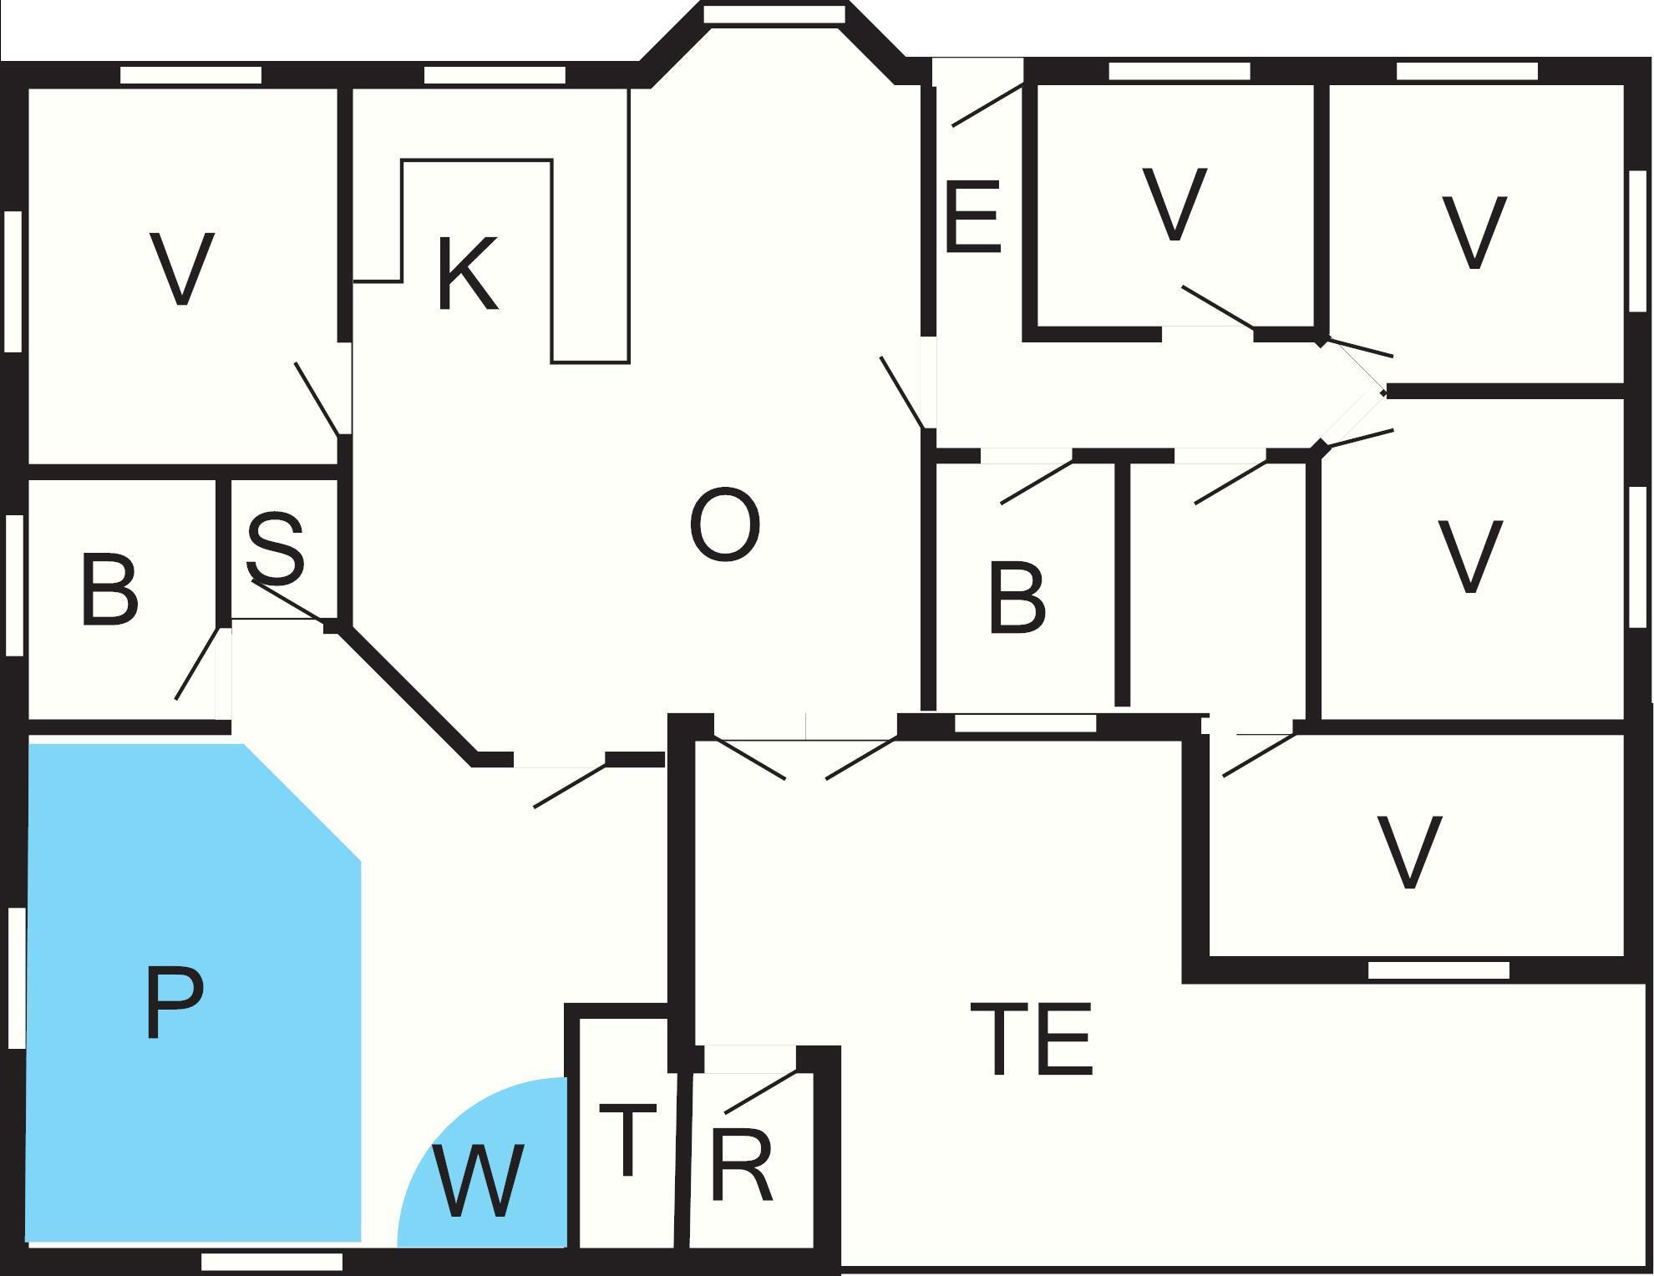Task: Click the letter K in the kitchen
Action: click(x=468, y=273)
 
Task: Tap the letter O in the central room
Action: click(x=725, y=525)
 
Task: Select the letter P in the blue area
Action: click(x=174, y=1002)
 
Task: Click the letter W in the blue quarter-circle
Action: click(x=479, y=1181)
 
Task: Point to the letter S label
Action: click(x=276, y=548)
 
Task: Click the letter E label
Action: click(x=972, y=216)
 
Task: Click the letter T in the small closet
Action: click(x=627, y=1139)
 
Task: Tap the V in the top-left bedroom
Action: click(x=182, y=269)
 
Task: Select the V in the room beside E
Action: click(x=1175, y=205)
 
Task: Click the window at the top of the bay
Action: click(x=774, y=14)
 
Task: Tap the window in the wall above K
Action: click(x=495, y=75)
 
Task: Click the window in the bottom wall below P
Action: click(x=272, y=1261)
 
